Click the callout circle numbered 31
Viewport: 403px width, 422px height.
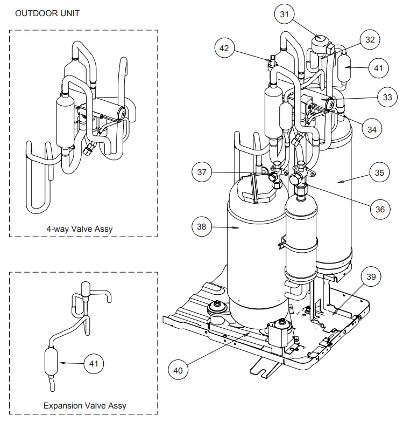coord(285,15)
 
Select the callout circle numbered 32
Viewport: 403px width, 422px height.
coord(370,40)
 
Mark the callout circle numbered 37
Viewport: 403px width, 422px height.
coord(202,173)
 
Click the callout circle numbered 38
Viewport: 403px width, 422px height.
coord(202,227)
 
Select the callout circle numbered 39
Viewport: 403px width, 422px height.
coord(371,277)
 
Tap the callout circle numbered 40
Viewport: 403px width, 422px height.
coord(178,370)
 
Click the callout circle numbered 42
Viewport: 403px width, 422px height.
coord(224,48)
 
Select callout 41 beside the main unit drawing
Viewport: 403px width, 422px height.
coord(379,68)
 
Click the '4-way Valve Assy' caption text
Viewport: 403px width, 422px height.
coord(80,229)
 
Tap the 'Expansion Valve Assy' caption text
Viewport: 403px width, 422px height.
coord(85,405)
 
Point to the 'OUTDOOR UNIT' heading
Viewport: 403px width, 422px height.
coord(47,13)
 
